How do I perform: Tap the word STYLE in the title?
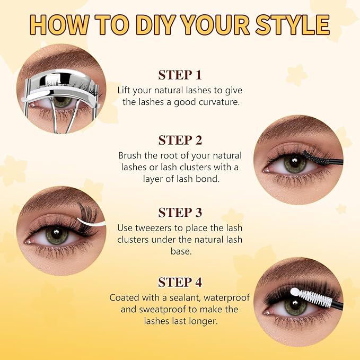(293, 24)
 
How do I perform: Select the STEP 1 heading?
(180, 75)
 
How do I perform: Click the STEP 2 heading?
(180, 140)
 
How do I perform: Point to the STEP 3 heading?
(180, 213)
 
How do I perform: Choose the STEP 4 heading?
(180, 282)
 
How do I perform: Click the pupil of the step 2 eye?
(295, 163)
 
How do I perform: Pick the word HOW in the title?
(59, 24)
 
